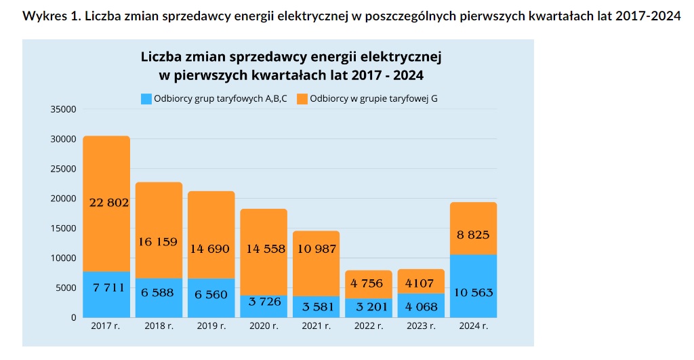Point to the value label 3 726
click(x=264, y=300)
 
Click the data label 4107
click(x=421, y=283)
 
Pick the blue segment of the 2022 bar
click(x=368, y=308)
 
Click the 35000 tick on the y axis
click(x=62, y=109)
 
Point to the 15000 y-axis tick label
click(x=62, y=228)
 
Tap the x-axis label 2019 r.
click(x=211, y=326)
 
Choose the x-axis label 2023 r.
click(x=421, y=326)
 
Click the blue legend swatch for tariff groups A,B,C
click(x=146, y=99)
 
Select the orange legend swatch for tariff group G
click(x=302, y=99)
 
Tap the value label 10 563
click(x=473, y=293)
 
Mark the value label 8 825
click(x=473, y=235)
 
